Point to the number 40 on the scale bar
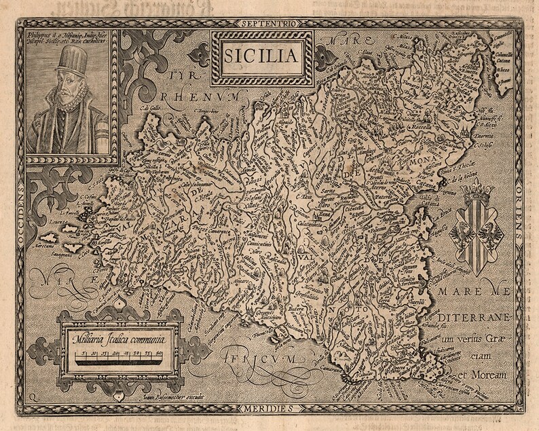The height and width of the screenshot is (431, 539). [x=159, y=353]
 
